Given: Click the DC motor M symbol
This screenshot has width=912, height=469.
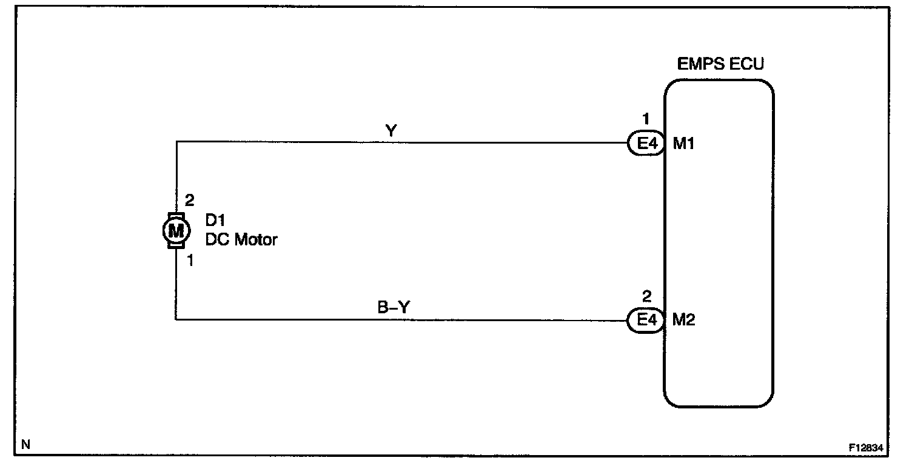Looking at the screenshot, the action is point(176,230).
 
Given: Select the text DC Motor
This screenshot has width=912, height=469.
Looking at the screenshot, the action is point(241,240).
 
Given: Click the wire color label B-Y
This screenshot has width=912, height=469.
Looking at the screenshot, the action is point(394,308).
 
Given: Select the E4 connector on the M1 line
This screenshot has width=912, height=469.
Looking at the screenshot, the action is point(645,144).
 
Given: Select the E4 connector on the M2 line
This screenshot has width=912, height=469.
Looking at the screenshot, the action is point(645,320).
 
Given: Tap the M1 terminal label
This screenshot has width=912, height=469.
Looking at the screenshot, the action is point(683,144).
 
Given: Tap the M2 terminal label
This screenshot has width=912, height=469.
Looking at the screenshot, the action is point(683,320).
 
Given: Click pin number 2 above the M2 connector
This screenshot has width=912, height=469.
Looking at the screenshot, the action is point(646,297).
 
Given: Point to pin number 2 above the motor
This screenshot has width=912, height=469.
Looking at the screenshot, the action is point(189,201).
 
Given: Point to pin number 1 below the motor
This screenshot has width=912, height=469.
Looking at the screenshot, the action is point(190,262).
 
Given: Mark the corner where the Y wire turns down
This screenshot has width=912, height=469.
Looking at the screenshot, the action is point(176,142).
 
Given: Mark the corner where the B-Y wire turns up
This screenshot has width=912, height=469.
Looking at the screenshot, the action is point(176,319).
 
